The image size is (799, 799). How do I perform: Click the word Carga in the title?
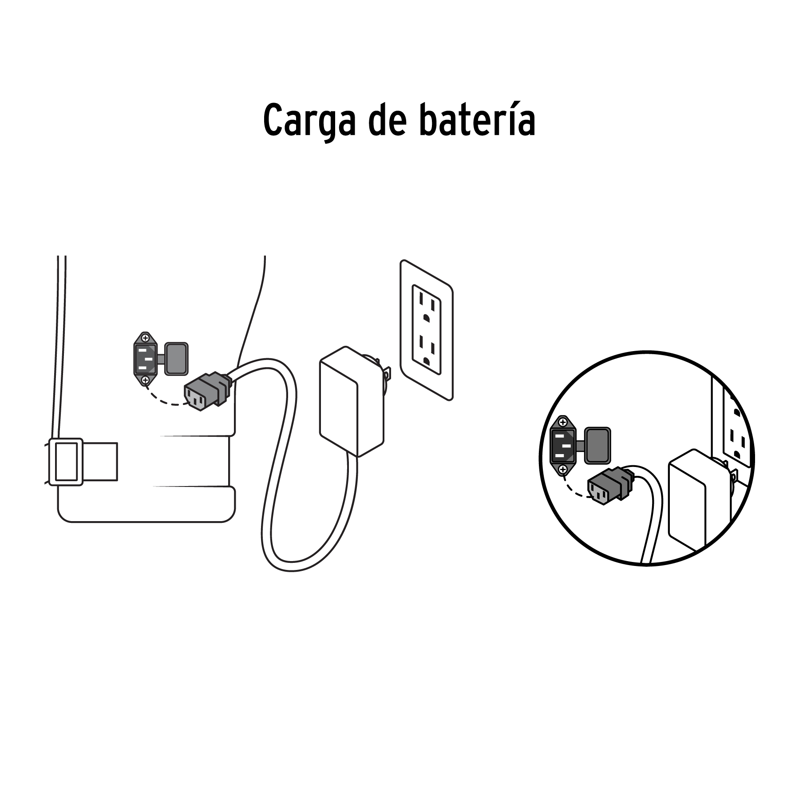[x=309, y=121]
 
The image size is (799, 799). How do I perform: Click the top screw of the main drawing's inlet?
[x=145, y=338]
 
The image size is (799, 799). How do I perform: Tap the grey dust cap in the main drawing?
[x=176, y=358]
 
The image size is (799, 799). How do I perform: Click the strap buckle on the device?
[x=66, y=462]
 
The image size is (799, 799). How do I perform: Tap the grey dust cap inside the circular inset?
[x=597, y=445]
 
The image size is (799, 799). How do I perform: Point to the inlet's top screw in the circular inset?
[x=563, y=422]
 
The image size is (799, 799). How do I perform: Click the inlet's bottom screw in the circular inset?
[x=563, y=469]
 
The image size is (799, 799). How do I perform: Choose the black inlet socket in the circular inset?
[x=562, y=445]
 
